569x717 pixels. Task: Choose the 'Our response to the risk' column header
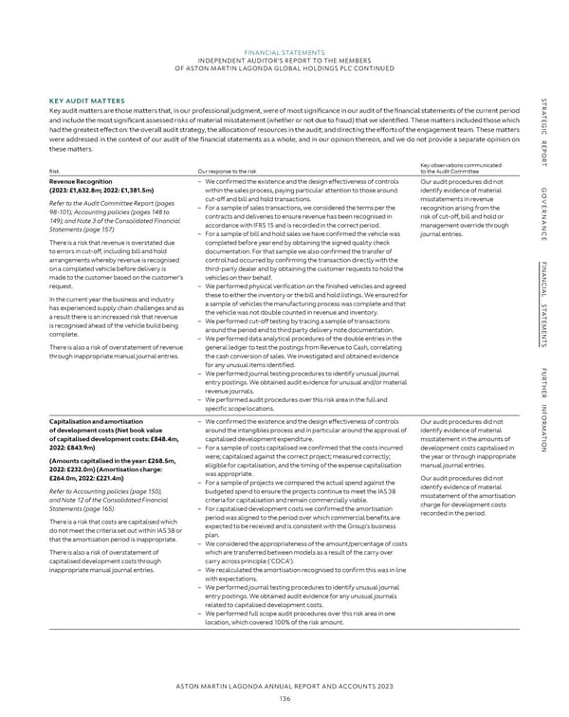[x=220, y=171]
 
